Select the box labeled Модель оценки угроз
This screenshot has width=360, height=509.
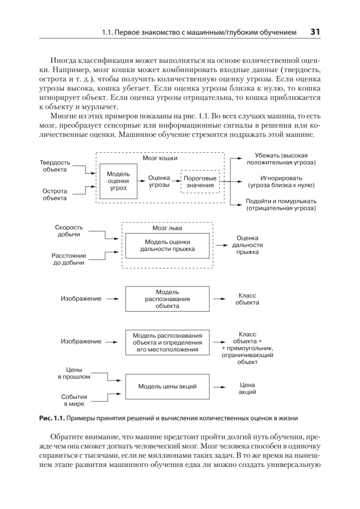(x=118, y=181)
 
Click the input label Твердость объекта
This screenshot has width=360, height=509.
(x=55, y=166)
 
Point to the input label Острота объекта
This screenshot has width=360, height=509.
(x=55, y=194)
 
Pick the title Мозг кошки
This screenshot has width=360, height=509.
(x=160, y=158)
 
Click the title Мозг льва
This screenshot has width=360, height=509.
(x=167, y=228)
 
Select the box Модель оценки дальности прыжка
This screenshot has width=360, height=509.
(x=167, y=245)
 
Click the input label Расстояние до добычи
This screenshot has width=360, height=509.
(x=68, y=259)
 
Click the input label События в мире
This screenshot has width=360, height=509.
(x=74, y=400)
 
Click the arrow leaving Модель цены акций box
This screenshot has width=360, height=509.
(x=219, y=387)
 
